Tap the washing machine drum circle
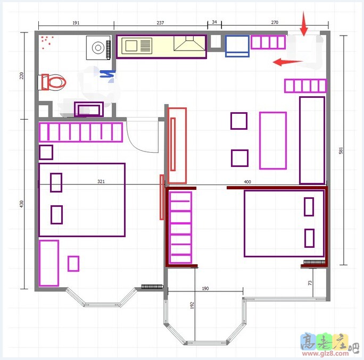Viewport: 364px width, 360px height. point(98,48)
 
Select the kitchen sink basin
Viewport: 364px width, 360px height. point(131,46)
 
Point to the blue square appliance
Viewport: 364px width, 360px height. point(237,46)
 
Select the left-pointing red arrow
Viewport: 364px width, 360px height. point(288,62)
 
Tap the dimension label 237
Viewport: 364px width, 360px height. point(160,23)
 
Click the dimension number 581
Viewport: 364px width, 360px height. point(341,150)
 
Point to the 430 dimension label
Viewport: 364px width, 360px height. point(21,204)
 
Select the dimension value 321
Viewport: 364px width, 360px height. point(101,181)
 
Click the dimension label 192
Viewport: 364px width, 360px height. point(192,305)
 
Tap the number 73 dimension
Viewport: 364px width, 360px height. point(310,283)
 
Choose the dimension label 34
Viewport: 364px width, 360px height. point(214,22)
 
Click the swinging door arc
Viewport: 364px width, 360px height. point(139,144)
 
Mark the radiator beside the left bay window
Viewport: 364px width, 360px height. point(152,287)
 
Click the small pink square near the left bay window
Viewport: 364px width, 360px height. point(73,264)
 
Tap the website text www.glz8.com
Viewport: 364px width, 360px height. point(325,354)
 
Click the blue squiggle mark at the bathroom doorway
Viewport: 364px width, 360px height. point(107,74)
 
